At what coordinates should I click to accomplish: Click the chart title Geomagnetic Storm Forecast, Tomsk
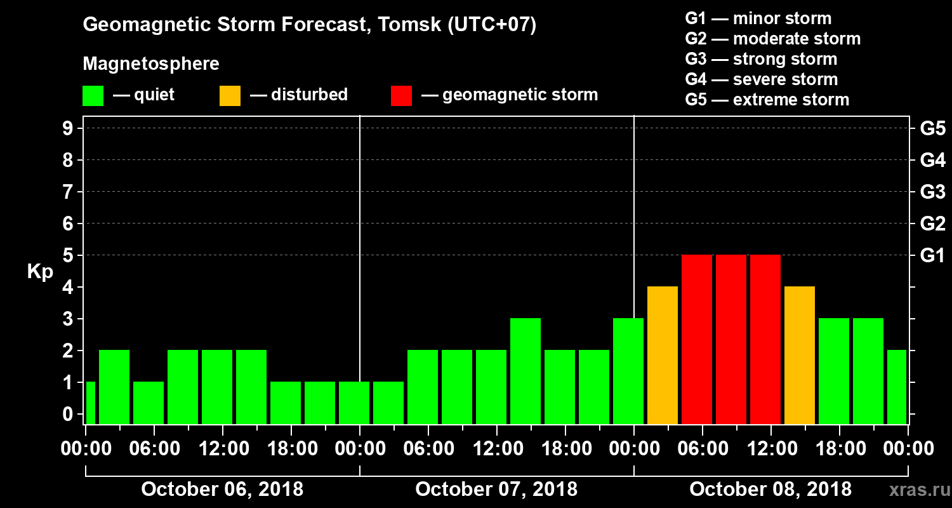[x=310, y=25]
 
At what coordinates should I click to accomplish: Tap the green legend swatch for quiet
[x=93, y=96]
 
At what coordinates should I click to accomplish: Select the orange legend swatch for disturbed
[x=230, y=96]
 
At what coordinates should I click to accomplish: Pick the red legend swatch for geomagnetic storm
[x=401, y=96]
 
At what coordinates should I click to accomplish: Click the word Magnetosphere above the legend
[x=151, y=64]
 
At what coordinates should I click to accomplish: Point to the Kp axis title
[x=40, y=272]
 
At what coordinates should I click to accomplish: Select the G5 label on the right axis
[x=932, y=128]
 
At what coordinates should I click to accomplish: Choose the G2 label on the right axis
[x=932, y=224]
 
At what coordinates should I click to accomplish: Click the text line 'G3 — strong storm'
[x=761, y=59]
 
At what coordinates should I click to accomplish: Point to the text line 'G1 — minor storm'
[x=758, y=18]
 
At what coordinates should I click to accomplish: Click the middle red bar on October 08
[x=731, y=339]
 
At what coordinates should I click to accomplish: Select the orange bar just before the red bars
[x=663, y=355]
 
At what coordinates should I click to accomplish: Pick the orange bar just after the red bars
[x=800, y=355]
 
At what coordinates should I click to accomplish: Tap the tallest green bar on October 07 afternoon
[x=526, y=371]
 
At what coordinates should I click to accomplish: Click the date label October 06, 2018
[x=222, y=490]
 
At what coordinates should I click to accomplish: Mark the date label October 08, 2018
[x=770, y=490]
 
